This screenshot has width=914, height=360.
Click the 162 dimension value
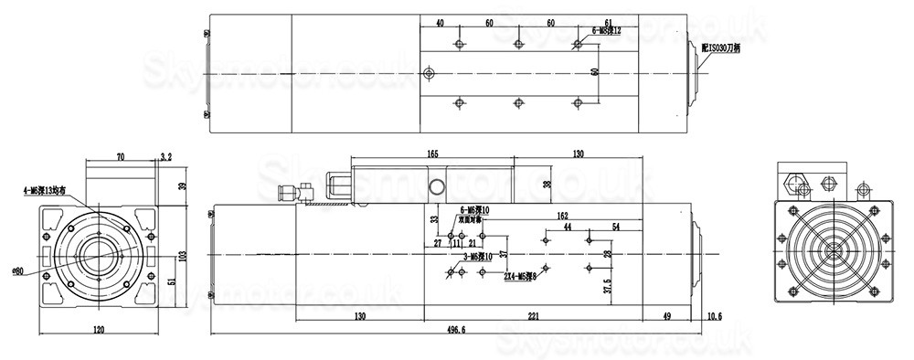click(563, 216)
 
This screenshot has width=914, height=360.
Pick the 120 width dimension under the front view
click(98, 330)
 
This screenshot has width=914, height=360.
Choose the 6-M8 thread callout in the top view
click(607, 30)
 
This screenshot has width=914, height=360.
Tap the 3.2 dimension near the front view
click(165, 157)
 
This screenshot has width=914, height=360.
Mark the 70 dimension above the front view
click(121, 157)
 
